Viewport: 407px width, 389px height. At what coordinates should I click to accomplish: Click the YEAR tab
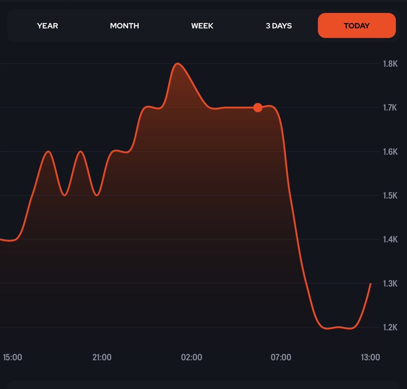47,26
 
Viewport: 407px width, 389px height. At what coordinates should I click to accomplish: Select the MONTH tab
124,26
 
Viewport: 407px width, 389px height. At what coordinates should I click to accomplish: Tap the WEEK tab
202,26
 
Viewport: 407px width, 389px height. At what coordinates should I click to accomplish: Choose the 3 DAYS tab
279,26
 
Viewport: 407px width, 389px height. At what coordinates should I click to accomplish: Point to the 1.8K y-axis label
390,64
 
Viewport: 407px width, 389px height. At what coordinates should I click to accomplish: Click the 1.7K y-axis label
390,108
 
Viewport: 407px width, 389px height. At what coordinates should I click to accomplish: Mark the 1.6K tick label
390,152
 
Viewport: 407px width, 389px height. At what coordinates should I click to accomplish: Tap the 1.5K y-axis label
390,195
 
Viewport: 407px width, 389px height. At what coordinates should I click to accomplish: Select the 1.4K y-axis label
390,240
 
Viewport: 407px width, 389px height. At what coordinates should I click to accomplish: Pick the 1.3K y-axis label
390,283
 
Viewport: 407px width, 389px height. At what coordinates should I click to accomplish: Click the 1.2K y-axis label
390,327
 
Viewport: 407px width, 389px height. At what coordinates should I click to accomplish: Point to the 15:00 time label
13,357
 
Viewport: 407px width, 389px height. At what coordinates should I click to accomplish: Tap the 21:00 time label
102,357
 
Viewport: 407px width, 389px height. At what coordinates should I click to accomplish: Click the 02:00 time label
192,357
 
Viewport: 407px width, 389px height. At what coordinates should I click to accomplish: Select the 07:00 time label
281,357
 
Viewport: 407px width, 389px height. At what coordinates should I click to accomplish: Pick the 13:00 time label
370,357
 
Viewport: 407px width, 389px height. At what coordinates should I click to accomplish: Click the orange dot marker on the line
258,108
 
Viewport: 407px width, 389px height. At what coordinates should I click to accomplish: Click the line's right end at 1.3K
371,284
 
